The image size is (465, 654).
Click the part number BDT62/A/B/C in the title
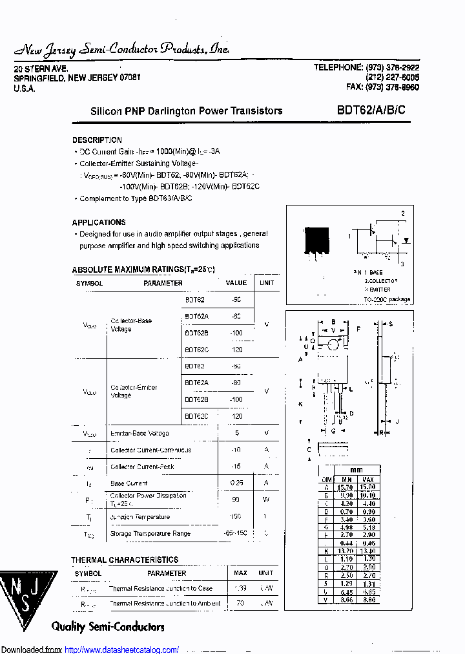click(x=371, y=110)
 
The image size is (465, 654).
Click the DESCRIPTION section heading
click(x=97, y=140)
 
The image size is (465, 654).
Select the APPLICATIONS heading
click(x=99, y=222)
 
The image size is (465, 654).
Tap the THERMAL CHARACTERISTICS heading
click(x=125, y=560)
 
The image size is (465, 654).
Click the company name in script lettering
click(x=122, y=50)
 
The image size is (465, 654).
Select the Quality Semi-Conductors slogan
click(x=108, y=626)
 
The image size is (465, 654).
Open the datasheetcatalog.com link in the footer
click(x=122, y=649)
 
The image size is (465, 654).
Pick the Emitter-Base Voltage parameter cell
click(x=139, y=433)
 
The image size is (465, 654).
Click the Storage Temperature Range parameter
click(x=150, y=534)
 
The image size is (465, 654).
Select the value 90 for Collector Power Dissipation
click(x=236, y=500)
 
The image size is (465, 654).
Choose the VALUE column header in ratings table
click(x=236, y=282)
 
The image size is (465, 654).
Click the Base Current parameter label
click(x=129, y=483)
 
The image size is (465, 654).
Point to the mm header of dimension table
click(x=356, y=470)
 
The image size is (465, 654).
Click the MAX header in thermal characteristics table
click(x=240, y=573)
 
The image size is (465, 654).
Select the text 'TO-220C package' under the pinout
click(x=387, y=299)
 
